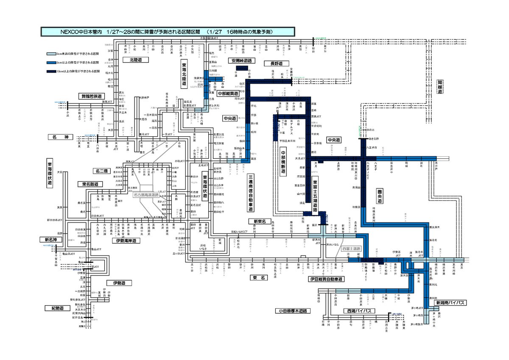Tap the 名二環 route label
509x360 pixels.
pos(102,171)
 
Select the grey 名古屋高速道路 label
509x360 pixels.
pos(146,195)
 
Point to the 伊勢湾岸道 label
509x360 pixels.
pos(126,241)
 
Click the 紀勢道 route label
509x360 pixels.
pos(56,308)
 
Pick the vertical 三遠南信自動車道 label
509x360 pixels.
pos(251,193)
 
